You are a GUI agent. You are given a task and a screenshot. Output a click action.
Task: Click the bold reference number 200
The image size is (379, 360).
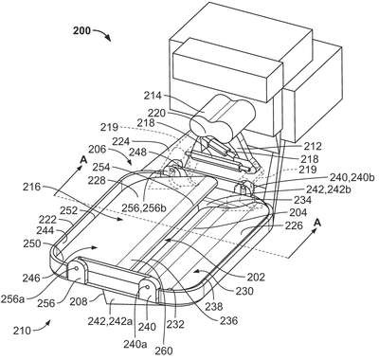coord(82,30)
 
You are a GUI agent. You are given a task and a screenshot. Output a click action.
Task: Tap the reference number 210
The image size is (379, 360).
coord(22,331)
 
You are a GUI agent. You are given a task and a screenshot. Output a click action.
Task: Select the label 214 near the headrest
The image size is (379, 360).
coord(153,95)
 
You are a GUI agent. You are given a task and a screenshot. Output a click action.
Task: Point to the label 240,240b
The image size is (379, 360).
coord(352,177)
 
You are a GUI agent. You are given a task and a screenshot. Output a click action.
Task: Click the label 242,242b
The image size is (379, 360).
coord(329,189)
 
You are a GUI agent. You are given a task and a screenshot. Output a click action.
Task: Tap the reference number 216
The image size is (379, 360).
coord(31,187)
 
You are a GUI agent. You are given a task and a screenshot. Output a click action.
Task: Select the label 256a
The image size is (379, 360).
coord(12,298)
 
